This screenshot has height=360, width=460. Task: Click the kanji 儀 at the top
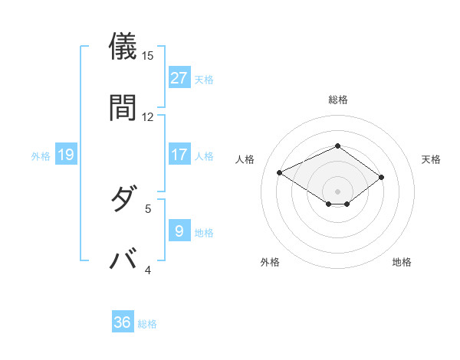pyautogui.click(x=124, y=47)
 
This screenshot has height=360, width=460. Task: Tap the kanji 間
pyautogui.click(x=124, y=108)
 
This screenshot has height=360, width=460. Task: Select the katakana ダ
pyautogui.click(x=124, y=200)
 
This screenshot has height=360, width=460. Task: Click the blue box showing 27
pyautogui.click(x=179, y=77)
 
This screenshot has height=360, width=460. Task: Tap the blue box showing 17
pyautogui.click(x=179, y=155)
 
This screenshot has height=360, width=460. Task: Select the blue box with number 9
pyautogui.click(x=179, y=230)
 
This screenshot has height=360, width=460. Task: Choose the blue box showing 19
pyautogui.click(x=65, y=155)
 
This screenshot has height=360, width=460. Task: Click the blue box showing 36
pyautogui.click(x=123, y=322)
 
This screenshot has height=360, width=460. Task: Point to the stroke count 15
pyautogui.click(x=148, y=56)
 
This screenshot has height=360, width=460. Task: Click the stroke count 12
pyautogui.click(x=148, y=116)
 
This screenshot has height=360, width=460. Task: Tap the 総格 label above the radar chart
pyautogui.click(x=337, y=100)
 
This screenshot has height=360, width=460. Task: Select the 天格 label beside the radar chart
pyautogui.click(x=431, y=159)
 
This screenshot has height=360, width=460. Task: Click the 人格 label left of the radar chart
pyautogui.click(x=245, y=159)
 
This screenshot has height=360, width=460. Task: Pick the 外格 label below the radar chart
pyautogui.click(x=270, y=262)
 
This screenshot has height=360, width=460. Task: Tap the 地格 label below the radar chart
pyautogui.click(x=402, y=262)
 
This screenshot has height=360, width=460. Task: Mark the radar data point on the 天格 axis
pyautogui.click(x=381, y=177)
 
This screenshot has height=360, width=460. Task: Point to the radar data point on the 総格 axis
pyautogui.click(x=337, y=146)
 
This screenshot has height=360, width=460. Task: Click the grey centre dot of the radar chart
pyautogui.click(x=337, y=191)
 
